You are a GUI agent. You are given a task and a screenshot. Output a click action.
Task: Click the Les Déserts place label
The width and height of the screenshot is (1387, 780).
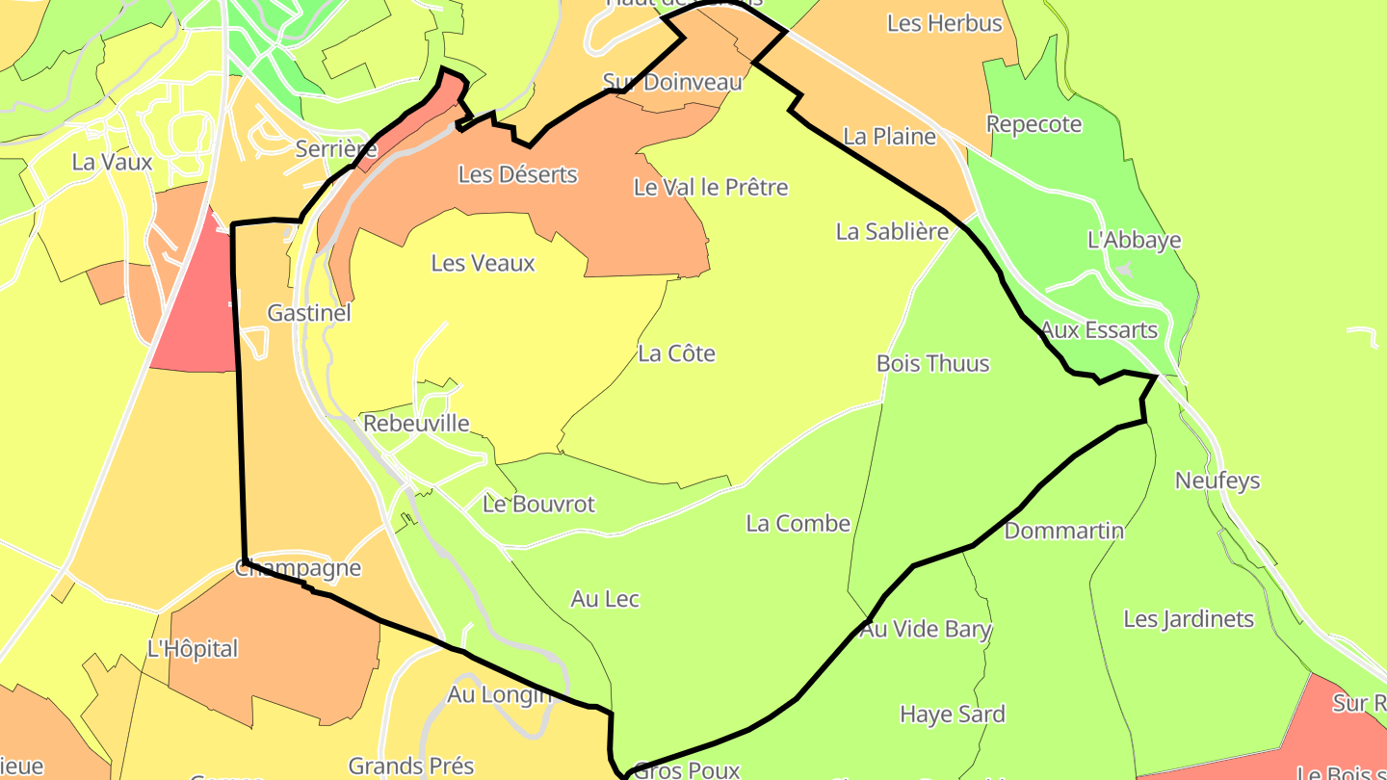coord(517,174)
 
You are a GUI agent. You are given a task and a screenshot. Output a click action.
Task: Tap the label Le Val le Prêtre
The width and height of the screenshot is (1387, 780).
coord(710,187)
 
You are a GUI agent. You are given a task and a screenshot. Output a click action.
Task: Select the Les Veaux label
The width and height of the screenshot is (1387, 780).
coord(483,263)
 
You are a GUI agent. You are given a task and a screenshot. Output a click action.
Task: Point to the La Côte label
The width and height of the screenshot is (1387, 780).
coord(676,353)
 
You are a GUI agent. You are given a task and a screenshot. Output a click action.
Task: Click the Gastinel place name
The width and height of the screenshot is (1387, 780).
coord(308,313)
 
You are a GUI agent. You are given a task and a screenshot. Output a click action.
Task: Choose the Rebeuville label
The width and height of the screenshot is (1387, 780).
coord(416,424)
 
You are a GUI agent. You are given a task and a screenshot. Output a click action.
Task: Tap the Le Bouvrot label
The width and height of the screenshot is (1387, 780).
coord(538,504)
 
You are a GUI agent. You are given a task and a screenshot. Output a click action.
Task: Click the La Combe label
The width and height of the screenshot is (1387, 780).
coord(798,523)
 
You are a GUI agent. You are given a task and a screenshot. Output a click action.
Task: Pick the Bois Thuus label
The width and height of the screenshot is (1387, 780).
coord(932,363)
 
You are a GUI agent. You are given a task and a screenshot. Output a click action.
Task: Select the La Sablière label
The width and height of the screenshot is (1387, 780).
coord(892,231)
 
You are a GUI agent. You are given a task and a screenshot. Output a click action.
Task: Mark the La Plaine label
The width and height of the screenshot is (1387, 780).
coord(889,137)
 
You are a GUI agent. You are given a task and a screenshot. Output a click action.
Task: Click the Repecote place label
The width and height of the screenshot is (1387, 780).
coord(1034,124)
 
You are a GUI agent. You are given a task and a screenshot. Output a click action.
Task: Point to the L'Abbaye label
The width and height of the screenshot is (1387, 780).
coord(1134,240)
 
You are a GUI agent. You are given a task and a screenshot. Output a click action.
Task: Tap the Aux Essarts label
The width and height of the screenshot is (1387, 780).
coord(1099,330)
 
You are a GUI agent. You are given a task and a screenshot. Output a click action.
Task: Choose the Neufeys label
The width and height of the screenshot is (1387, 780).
coord(1217,480)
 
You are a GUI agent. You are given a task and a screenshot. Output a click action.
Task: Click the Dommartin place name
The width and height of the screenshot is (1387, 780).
coord(1063,531)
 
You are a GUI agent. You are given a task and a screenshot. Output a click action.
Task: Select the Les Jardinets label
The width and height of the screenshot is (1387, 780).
coord(1188,619)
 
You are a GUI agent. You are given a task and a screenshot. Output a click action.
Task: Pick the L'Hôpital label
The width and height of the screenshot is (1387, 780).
coord(192,649)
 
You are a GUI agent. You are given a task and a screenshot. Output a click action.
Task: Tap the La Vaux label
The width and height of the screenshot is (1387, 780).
coord(112,162)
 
